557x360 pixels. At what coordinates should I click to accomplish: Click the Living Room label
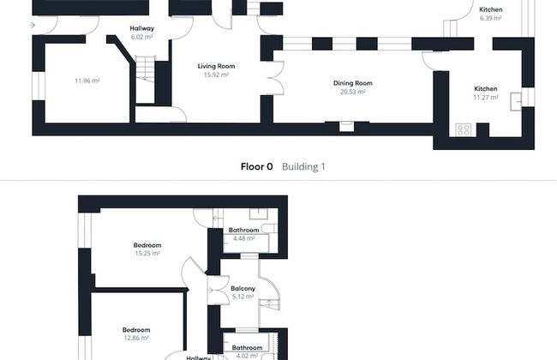tap(216, 66)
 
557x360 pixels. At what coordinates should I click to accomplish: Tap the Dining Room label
tap(353, 83)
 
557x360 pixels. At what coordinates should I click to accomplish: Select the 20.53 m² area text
tap(353, 92)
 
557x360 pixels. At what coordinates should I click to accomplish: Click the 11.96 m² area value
tap(87, 81)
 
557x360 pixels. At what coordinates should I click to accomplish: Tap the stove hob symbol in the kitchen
tap(464, 129)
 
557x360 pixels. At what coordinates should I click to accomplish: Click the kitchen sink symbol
tap(516, 102)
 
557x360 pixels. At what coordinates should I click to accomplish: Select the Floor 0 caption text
tap(256, 166)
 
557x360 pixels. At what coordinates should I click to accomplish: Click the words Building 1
tap(303, 166)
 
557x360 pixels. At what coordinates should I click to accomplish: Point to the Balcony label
tap(243, 289)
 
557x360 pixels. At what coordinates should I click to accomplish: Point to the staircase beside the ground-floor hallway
tap(146, 79)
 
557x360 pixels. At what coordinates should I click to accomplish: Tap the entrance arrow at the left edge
tap(32, 25)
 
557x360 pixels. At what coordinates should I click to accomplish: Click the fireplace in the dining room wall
tap(346, 126)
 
